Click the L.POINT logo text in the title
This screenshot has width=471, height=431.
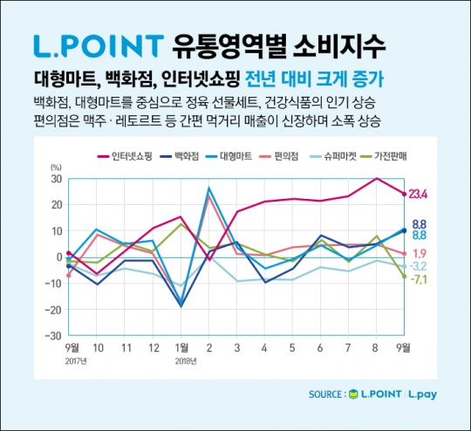tap(97, 44)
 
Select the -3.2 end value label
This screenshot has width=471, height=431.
tap(420, 266)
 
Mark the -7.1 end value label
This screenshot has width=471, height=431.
tap(420, 279)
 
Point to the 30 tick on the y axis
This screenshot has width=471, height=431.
tap(56, 179)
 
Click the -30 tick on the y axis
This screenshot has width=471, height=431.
tap(53, 336)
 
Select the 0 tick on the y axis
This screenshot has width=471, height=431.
tap(58, 257)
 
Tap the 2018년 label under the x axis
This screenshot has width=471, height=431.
tap(182, 359)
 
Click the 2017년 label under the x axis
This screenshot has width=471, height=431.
tap(73, 359)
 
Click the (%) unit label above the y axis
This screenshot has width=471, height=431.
tap(56, 166)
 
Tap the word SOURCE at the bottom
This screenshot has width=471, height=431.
tap(326, 394)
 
